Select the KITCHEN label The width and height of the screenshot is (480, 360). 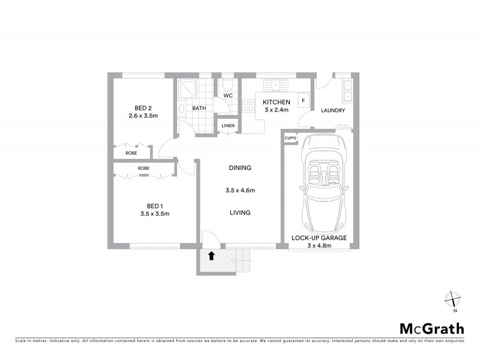(x=277, y=102)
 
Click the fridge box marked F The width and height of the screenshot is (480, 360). (x=304, y=101)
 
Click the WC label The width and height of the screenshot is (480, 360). (x=227, y=95)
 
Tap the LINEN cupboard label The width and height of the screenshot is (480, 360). (x=227, y=125)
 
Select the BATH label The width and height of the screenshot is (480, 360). (x=199, y=109)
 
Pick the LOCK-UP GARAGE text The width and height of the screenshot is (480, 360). (x=319, y=238)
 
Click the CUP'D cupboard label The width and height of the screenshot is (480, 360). (x=290, y=139)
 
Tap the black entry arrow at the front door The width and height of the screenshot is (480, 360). (x=211, y=256)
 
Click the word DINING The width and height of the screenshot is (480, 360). (x=240, y=168)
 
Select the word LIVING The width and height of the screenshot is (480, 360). (x=240, y=212)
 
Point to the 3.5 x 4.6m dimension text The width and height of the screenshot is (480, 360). (x=240, y=190)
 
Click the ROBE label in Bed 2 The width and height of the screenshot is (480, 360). (x=131, y=153)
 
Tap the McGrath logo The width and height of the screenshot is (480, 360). (x=432, y=328)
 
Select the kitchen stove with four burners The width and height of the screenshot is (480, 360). (x=248, y=106)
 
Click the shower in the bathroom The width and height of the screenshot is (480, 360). (x=187, y=89)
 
